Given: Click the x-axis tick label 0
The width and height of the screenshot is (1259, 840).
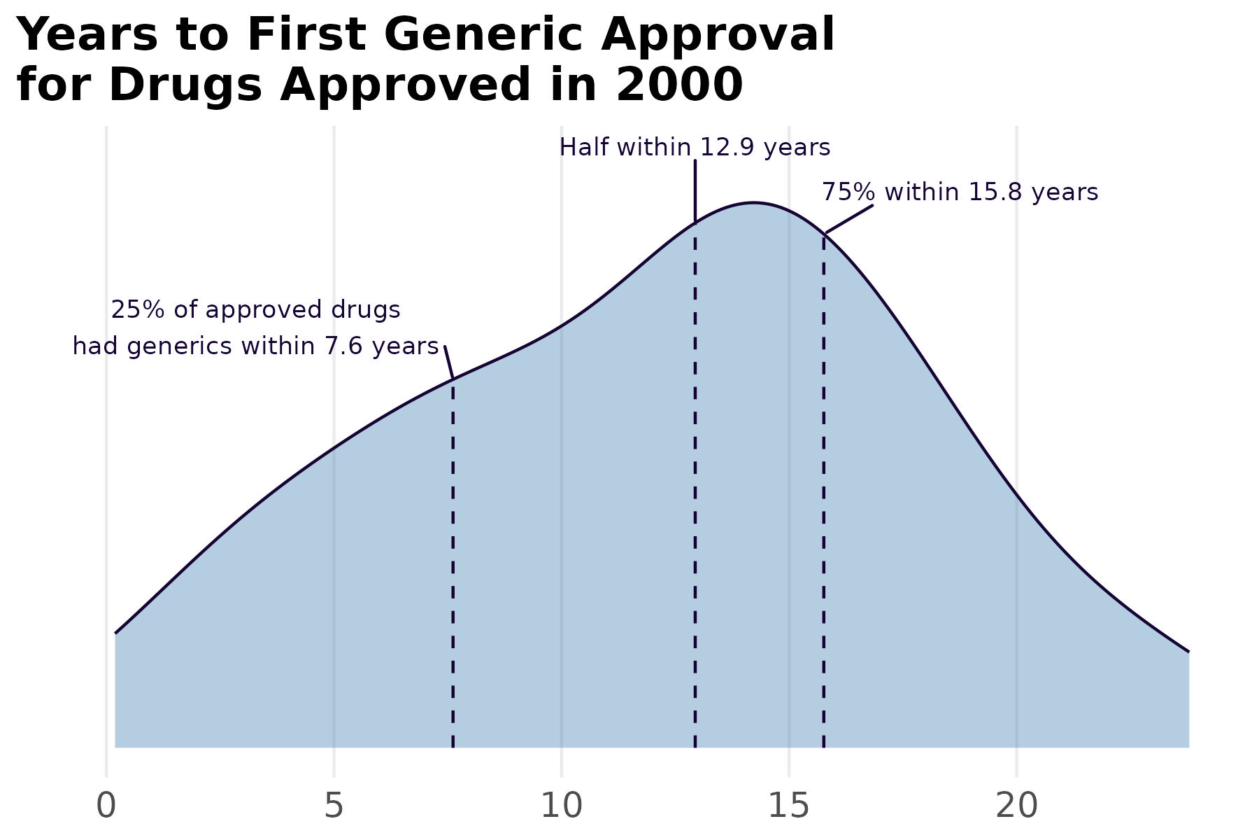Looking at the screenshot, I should [x=106, y=806].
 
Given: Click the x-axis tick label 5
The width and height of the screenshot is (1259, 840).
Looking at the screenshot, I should [x=334, y=806].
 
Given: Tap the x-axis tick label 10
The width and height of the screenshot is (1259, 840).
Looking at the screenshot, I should [x=562, y=806].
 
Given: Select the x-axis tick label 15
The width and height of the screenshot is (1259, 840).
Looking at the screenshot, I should [x=789, y=806].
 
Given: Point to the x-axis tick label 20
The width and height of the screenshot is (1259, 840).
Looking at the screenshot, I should [x=1016, y=806].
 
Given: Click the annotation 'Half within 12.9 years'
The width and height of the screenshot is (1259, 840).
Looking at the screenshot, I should [x=695, y=148].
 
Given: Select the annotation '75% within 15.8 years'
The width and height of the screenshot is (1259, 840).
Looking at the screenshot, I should [x=960, y=192].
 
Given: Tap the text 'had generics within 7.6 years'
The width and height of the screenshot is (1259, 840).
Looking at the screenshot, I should [x=255, y=346].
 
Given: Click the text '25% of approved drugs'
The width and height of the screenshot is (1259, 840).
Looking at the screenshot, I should [x=255, y=309].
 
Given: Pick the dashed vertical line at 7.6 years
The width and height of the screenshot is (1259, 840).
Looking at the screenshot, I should [x=453, y=560].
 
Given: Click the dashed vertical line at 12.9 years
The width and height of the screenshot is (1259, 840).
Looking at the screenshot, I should [x=695, y=490].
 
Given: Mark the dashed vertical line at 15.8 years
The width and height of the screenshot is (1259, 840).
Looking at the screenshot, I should [x=824, y=490].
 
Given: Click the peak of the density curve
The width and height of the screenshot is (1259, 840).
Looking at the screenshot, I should [x=753, y=203].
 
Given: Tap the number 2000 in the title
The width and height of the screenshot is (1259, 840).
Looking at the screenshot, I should [x=678, y=85].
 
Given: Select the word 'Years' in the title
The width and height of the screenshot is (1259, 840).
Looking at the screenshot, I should [x=87, y=35].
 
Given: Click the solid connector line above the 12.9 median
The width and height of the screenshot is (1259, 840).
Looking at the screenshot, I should [x=695, y=190].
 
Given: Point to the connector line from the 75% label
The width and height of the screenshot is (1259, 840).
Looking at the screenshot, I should [x=849, y=219].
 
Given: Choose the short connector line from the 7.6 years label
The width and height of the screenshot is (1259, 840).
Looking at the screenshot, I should [x=449, y=362].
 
